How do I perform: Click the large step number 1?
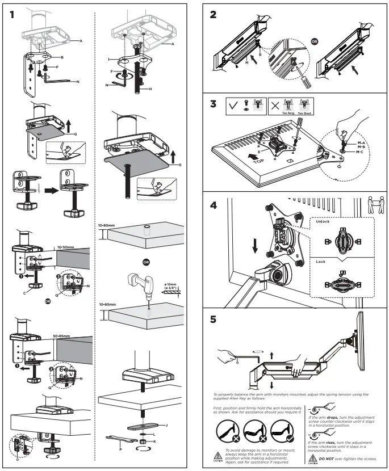click(x=12, y=15)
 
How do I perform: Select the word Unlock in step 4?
click(x=322, y=222)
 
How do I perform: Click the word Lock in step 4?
click(x=320, y=262)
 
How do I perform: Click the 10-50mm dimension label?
click(x=66, y=248)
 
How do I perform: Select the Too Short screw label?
click(x=305, y=113)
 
